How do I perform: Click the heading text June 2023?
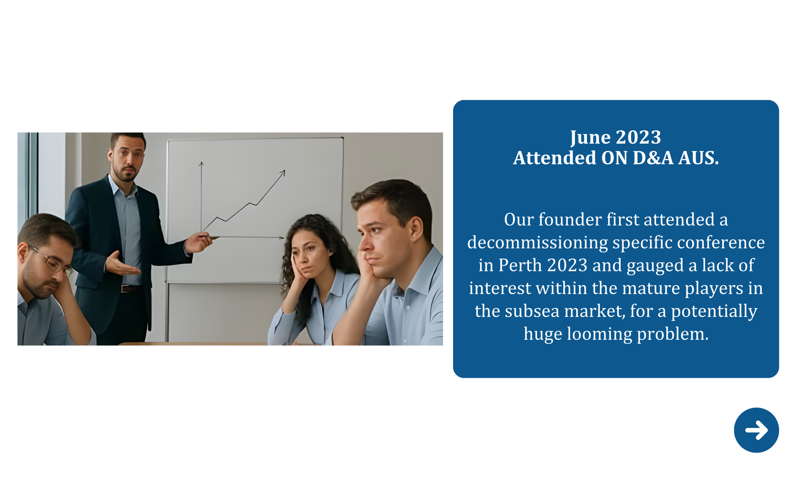(x=615, y=137)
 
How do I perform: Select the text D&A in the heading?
(x=653, y=158)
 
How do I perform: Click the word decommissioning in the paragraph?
(x=537, y=242)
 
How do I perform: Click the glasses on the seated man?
(x=54, y=262)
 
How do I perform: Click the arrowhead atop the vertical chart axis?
(x=201, y=164)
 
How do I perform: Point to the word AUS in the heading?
(x=698, y=158)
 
